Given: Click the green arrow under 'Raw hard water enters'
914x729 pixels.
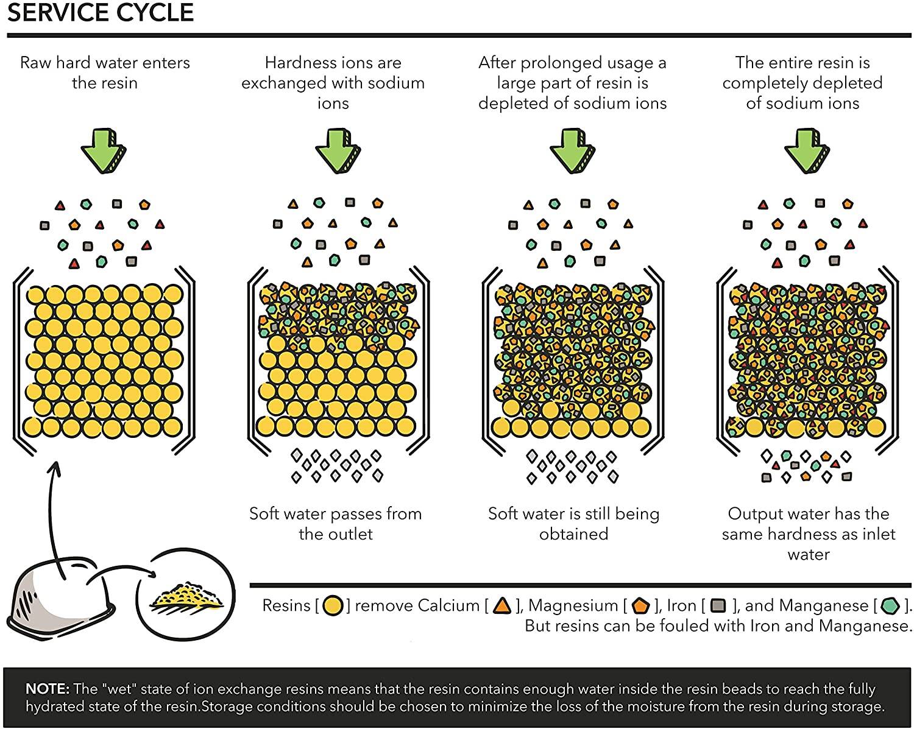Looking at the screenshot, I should coord(104,150).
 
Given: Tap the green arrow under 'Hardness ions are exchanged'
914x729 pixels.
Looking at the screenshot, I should coord(338,150).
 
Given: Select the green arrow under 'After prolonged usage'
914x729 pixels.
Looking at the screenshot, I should coord(573,150).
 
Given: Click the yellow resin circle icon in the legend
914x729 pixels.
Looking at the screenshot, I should coord(333,606).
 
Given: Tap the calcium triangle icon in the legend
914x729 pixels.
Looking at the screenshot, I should coord(503,606).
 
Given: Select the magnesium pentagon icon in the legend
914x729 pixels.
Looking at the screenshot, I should coord(640,606).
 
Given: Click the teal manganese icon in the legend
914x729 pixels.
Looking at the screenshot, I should coord(890,606).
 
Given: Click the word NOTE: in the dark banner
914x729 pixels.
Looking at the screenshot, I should coord(48,689).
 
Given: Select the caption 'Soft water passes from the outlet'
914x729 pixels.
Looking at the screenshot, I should coord(336,524).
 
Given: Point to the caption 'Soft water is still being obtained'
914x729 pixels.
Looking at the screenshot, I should coord(573,524).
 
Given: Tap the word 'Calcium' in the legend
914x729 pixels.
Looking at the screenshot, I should coord(448,606).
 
